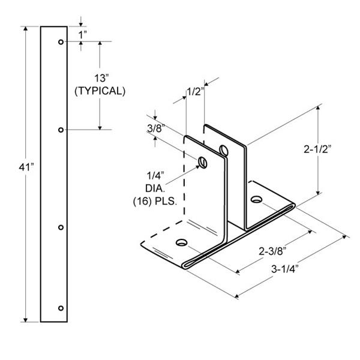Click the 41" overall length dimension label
pos(26,167)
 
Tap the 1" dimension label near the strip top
pos(83,35)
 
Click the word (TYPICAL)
pos(100,91)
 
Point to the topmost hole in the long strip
pos(61,42)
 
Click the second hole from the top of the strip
pos(61,130)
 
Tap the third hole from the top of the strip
pos(61,227)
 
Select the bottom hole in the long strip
pos(61,308)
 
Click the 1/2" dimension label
pos(196,92)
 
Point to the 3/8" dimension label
pos(156,128)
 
